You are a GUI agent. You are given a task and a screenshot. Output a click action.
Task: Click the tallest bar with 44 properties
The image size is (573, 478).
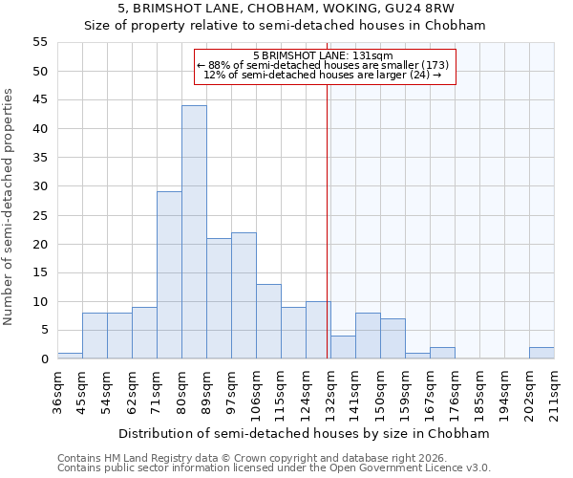tap(194, 232)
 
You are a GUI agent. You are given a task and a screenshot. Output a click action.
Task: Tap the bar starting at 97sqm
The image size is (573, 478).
tap(244, 295)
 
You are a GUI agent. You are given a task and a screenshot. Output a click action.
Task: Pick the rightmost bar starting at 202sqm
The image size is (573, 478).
tap(541, 353)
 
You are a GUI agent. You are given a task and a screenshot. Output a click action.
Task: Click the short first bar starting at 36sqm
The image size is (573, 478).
tap(70, 356)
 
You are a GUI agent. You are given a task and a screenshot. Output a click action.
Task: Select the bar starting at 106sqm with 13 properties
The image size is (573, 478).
tap(268, 321)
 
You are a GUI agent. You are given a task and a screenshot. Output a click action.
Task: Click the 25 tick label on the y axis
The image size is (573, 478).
tap(40, 215)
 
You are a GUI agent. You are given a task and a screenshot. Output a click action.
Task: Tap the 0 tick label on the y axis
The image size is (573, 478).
tap(44, 359)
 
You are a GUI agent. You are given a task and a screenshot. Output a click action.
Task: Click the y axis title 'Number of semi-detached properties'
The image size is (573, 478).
tap(10, 206)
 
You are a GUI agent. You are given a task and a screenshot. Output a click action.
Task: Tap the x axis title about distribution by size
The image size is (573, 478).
tap(306, 433)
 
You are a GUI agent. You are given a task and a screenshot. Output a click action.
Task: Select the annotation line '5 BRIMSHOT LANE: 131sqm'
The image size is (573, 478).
tap(324, 55)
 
